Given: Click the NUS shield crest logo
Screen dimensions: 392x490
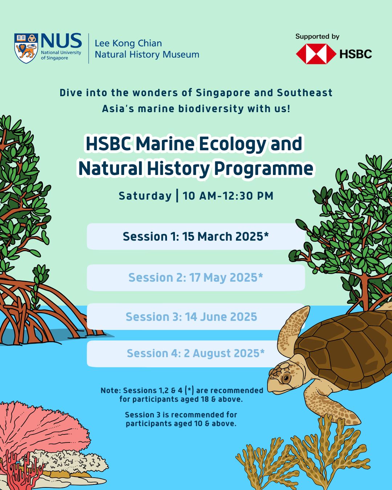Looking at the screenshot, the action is pos(26,48).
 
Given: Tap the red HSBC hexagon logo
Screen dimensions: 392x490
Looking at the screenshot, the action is pos(316,54).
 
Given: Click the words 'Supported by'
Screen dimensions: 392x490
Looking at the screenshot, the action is pos(317,37).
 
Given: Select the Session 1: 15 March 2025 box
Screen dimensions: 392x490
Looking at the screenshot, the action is pos(196,236).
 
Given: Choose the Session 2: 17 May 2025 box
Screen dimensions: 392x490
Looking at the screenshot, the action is pos(196,278).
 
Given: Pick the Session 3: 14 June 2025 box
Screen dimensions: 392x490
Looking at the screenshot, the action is pos(196,317).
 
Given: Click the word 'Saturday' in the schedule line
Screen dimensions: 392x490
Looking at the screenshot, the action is pos(145,196).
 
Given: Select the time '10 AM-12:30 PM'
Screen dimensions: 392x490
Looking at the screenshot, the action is pos(228,196).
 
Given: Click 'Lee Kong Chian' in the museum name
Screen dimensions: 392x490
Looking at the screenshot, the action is pos(128,43).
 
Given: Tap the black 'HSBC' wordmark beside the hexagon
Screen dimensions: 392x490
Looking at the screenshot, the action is pos(356,54).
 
